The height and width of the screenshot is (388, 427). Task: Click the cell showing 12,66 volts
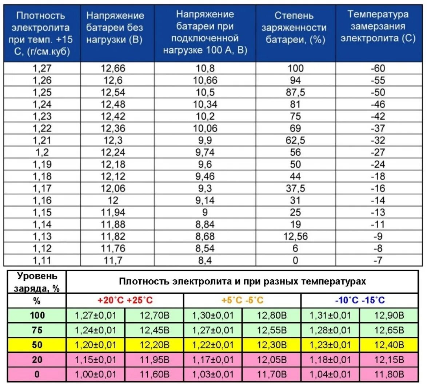pos(113,68)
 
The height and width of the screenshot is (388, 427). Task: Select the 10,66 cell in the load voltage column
pos(205,80)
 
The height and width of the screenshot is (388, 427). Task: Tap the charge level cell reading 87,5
pos(295,92)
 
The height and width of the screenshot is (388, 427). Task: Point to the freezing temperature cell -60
pos(378,68)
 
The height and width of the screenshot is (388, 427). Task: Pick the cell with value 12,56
pos(295,236)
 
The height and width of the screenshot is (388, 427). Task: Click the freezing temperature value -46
pos(378,104)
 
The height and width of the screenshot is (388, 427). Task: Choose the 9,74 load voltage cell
pos(205,152)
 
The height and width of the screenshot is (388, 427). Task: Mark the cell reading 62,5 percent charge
pos(295,140)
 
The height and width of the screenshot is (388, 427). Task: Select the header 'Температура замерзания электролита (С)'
pos(378,27)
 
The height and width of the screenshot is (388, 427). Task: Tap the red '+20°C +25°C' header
pos(125,300)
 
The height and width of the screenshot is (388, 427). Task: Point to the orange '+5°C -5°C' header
pos(242,300)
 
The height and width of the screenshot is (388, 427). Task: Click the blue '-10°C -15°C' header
pos(360,300)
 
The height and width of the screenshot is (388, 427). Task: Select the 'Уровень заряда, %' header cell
pos(37,282)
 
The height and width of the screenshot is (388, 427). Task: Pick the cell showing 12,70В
pos(155,315)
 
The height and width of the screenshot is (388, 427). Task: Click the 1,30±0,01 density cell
pos(213,315)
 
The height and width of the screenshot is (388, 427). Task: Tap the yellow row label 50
pos(37,345)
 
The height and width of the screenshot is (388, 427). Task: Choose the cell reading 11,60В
pos(155,374)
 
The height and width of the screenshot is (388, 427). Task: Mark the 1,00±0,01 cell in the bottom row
pos(96,374)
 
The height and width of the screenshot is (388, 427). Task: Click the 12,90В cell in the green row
pos(389,315)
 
